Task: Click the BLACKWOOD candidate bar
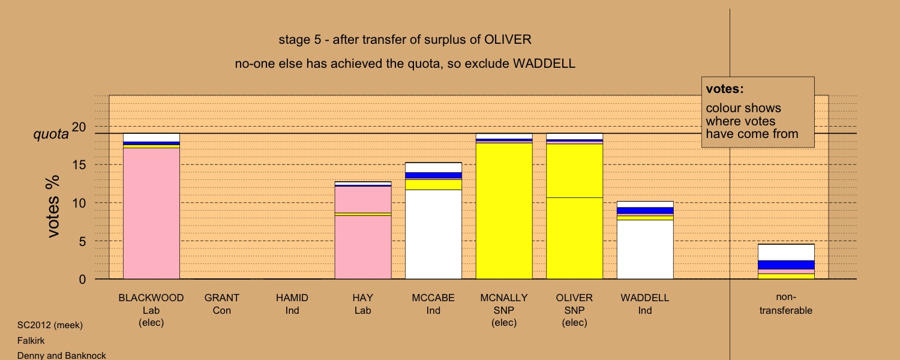pyautogui.click(x=151, y=206)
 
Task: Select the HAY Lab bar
pyautogui.click(x=363, y=230)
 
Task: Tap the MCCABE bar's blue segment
pyautogui.click(x=433, y=175)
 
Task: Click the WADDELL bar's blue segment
pyautogui.click(x=645, y=211)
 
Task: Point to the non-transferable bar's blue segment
pyautogui.click(x=786, y=265)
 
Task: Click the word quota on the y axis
pyautogui.click(x=51, y=134)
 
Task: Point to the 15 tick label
pyautogui.click(x=79, y=165)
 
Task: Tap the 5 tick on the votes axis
pyautogui.click(x=82, y=241)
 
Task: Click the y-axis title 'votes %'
pyautogui.click(x=53, y=206)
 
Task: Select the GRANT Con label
pyautogui.click(x=222, y=304)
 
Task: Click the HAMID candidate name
pyautogui.click(x=292, y=298)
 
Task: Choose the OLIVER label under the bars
pyautogui.click(x=574, y=298)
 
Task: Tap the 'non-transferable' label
pyautogui.click(x=786, y=304)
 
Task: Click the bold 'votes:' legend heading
pyautogui.click(x=725, y=89)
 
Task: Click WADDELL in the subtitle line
pyautogui.click(x=544, y=64)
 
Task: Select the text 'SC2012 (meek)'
pyautogui.click(x=50, y=325)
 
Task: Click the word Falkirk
pyautogui.click(x=31, y=341)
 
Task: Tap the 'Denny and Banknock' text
pyautogui.click(x=61, y=356)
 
